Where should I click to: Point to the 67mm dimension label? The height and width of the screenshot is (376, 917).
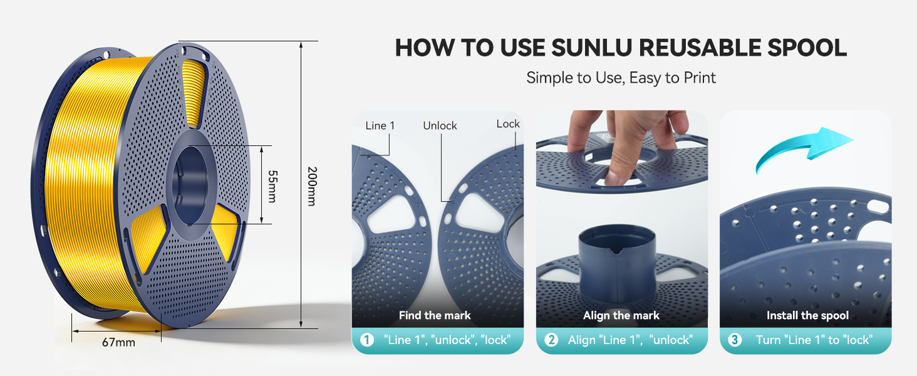click(x=118, y=342)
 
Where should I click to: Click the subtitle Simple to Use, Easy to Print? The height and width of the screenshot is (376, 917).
click(x=621, y=78)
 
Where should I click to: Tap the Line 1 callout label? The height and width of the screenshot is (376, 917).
click(x=380, y=125)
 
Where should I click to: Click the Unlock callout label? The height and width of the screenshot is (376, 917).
click(x=440, y=125)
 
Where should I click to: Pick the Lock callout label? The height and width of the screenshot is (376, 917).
click(x=508, y=124)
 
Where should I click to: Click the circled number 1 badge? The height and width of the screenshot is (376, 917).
click(x=367, y=340)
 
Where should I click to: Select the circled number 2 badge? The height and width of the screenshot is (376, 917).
click(x=551, y=340)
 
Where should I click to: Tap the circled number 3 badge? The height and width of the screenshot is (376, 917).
click(x=735, y=340)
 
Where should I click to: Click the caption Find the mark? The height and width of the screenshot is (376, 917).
click(x=435, y=315)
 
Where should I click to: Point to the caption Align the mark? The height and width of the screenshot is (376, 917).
click(x=621, y=315)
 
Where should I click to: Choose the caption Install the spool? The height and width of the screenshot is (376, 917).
click(x=808, y=315)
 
